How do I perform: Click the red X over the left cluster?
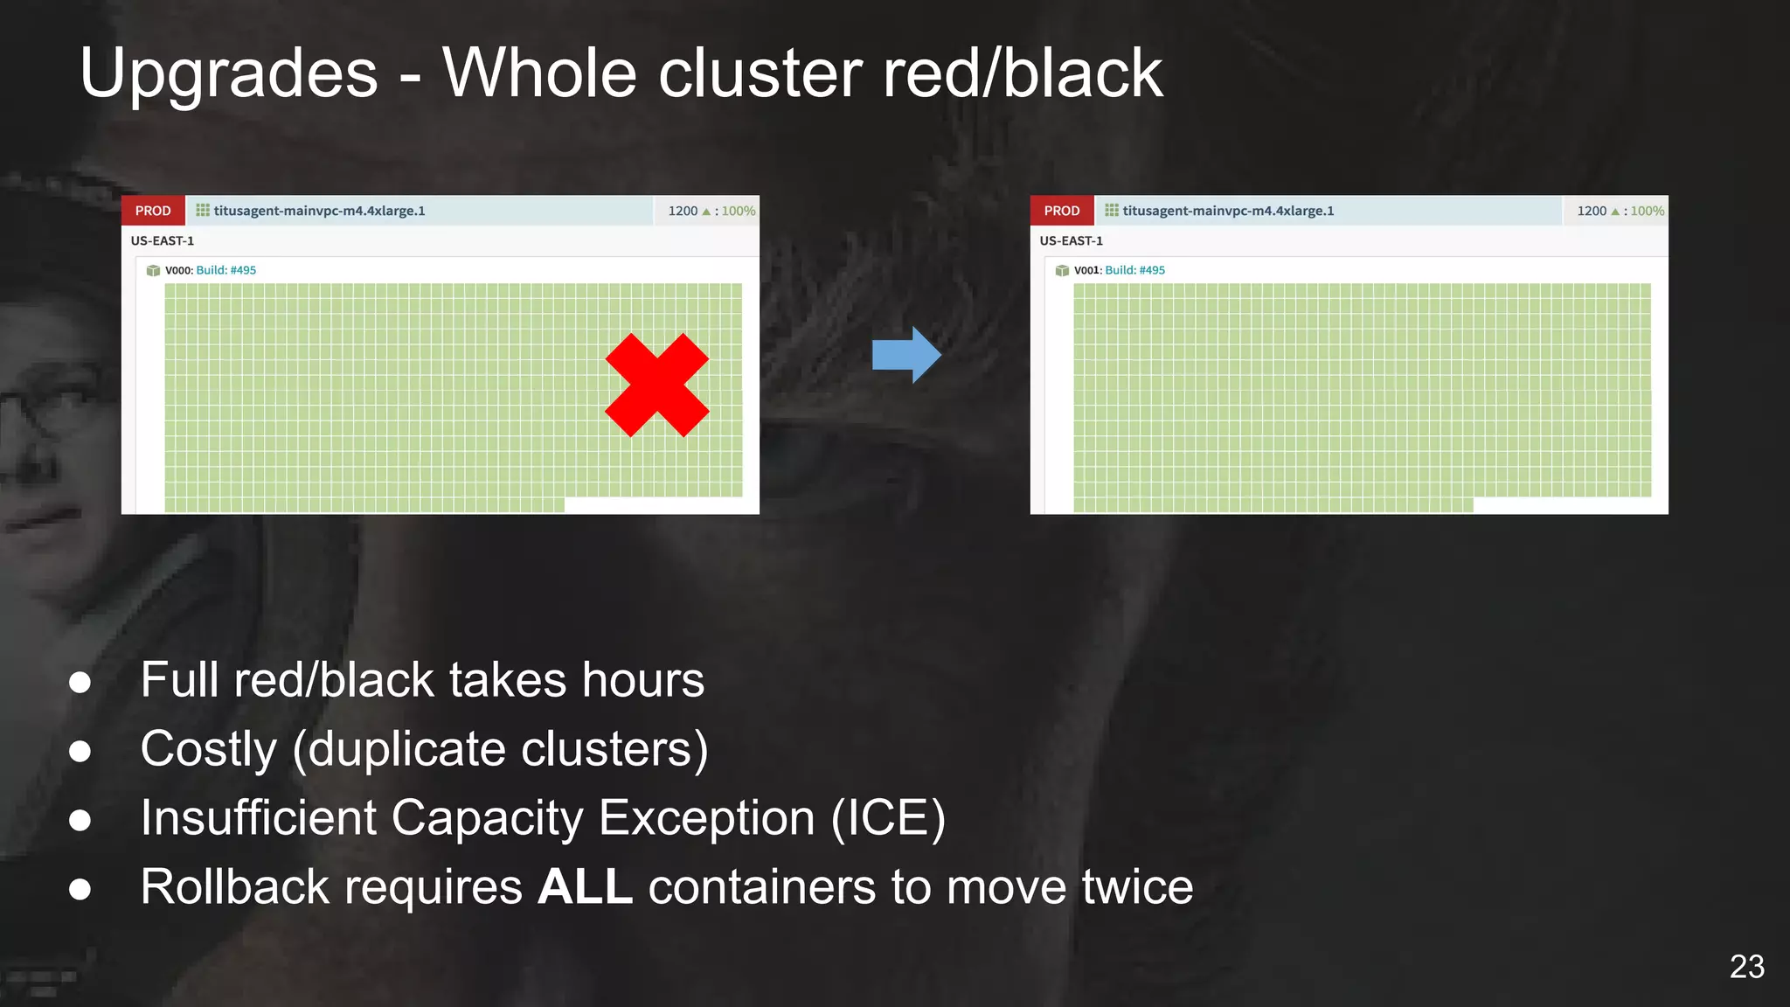tap(656, 385)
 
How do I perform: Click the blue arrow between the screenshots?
tap(906, 355)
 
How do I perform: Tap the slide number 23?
tap(1746, 967)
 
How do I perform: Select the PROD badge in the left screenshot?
tap(153, 211)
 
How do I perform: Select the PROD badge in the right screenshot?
tap(1062, 211)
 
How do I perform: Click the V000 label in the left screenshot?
tap(178, 270)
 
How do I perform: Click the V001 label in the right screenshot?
tap(1087, 270)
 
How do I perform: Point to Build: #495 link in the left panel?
tap(226, 270)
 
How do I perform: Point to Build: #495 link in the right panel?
tap(1135, 270)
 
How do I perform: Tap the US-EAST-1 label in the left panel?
tap(163, 240)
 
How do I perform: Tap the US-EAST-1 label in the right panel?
tap(1072, 240)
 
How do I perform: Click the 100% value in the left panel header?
tap(739, 211)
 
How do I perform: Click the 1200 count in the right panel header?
tap(1592, 211)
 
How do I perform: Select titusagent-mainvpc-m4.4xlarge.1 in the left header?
tap(319, 211)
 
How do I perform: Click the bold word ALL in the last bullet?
tap(585, 887)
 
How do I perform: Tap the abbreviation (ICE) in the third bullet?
tap(888, 818)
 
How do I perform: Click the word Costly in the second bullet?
tap(209, 749)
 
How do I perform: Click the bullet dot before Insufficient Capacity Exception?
tap(80, 820)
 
